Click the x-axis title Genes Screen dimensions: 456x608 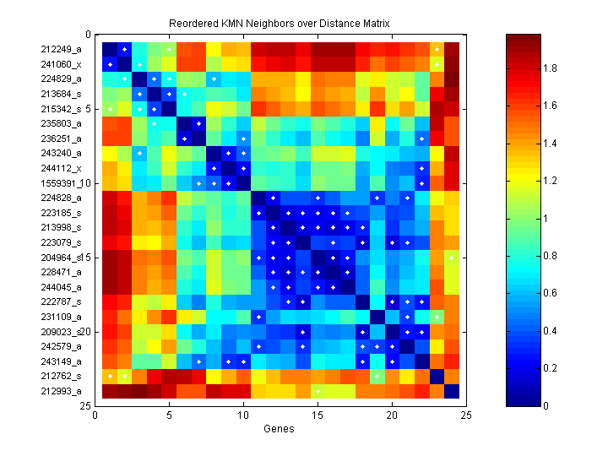click(280, 429)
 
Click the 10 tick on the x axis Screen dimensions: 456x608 click(243, 415)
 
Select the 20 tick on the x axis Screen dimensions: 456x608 click(392, 415)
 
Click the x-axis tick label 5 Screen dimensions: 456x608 click(169, 415)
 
